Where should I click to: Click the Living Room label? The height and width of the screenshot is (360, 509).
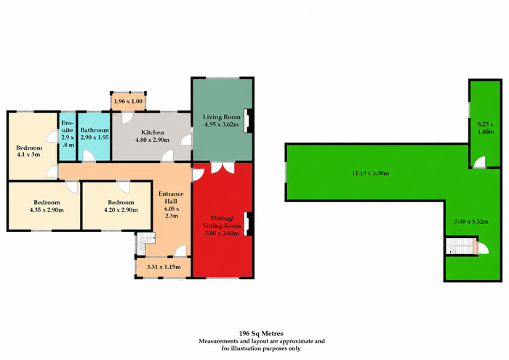coord(222,117)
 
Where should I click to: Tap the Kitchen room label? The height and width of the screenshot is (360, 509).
coord(153,132)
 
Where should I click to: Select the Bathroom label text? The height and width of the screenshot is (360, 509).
coord(95,130)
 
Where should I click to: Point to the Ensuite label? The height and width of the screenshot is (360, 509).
coord(68,127)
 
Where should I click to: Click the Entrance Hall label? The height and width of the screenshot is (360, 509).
coord(171,197)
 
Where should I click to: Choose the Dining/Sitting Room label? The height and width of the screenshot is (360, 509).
coord(222,222)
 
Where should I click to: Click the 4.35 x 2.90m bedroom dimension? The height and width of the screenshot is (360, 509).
coord(47,210)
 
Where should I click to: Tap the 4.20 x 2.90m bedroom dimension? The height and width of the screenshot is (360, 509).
coord(121,210)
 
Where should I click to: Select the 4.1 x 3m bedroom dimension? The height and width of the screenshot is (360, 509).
coord(28,154)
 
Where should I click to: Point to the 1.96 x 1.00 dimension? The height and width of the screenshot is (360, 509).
coord(128,101)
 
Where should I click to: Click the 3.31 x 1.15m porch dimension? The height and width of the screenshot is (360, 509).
coord(164,267)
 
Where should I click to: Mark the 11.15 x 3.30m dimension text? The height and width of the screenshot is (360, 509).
coord(370,173)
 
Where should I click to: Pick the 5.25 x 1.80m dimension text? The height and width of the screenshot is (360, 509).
coord(486,128)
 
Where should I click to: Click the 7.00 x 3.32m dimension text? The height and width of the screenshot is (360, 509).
coord(471,222)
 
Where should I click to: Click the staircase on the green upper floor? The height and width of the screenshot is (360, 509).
coord(460,246)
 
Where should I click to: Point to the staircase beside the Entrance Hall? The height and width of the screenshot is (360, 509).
coord(144,244)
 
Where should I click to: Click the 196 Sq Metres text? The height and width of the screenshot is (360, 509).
coord(261,333)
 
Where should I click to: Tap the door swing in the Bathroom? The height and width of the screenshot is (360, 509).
coord(88,156)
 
